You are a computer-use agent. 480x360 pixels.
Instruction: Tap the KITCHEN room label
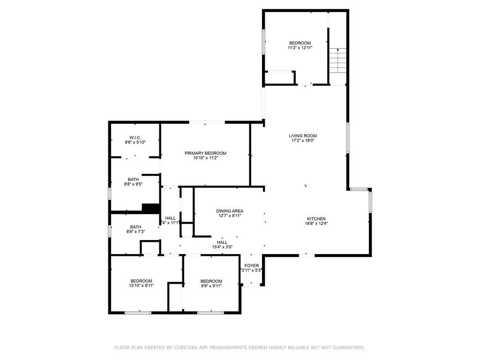316,218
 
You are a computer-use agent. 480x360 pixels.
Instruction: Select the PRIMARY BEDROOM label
205,153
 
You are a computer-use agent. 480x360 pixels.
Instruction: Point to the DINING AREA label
230,211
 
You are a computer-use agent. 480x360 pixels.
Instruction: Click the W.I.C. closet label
135,137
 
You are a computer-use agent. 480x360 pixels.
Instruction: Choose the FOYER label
252,266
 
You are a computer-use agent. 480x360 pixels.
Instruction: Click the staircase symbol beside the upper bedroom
337,60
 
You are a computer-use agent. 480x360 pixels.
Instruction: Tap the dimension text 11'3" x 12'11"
300,48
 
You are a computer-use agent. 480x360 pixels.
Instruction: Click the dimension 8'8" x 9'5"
133,184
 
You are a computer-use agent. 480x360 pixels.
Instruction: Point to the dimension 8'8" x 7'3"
135,232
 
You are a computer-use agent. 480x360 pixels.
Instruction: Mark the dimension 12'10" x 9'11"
141,285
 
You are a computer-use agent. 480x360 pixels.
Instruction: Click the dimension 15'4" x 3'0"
222,247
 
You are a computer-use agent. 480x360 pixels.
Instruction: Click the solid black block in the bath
150,208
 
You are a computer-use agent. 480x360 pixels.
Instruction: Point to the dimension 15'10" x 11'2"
205,158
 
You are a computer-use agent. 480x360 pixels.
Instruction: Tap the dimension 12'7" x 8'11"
230,216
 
